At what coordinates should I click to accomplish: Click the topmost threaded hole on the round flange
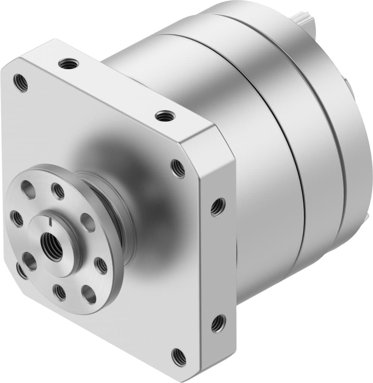pos(58,191)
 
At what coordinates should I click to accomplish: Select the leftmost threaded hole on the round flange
pos(16,219)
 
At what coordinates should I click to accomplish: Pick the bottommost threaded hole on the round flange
pos(60,292)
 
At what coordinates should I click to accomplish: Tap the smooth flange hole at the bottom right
pos(89,294)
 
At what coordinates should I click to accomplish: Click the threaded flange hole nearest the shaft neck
pos(101,265)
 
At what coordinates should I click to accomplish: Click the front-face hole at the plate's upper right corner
pos(178,169)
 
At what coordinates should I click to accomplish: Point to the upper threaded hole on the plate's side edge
pos(218,207)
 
